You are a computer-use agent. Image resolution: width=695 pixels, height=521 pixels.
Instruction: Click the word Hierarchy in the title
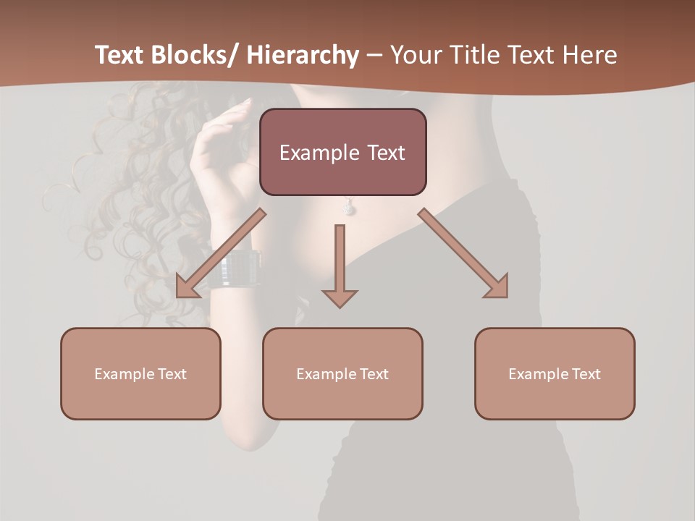[x=303, y=55]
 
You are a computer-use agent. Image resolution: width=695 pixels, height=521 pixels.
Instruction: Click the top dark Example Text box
[x=342, y=152]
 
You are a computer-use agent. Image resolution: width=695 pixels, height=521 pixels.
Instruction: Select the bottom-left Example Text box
[x=140, y=373]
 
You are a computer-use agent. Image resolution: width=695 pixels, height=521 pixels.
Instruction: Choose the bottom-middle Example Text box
[x=342, y=373]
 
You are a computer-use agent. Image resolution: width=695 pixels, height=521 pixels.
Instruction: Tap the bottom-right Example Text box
[x=555, y=373]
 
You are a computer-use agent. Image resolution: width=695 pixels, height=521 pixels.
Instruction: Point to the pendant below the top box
[x=349, y=208]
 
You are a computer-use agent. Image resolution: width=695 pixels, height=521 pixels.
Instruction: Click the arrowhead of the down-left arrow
[x=187, y=287]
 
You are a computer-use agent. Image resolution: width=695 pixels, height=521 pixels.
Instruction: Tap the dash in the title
[x=374, y=55]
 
